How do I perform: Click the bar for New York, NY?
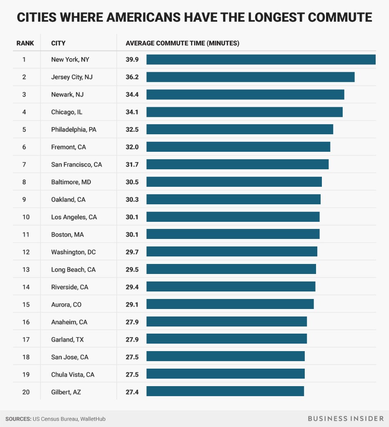[x=261, y=60]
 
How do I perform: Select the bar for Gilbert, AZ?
[x=225, y=391]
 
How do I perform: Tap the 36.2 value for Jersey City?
[x=132, y=77]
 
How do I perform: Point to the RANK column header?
[x=25, y=43]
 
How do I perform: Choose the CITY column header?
[x=58, y=43]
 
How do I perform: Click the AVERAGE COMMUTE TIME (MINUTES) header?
[x=182, y=43]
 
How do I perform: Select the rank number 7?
[x=24, y=165]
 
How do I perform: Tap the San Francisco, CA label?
[x=76, y=165]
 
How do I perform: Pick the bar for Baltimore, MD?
[x=234, y=182]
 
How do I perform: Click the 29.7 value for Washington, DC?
[x=132, y=252]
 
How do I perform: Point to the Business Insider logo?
[x=346, y=418]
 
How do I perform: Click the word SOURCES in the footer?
[x=18, y=418]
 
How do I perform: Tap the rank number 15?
[x=26, y=304]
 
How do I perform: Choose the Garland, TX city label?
[x=67, y=339]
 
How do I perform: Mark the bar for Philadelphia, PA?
[x=240, y=129]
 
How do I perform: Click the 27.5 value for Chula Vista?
[x=132, y=374]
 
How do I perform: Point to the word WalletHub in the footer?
[x=93, y=418]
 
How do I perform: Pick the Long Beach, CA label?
[x=73, y=269]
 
